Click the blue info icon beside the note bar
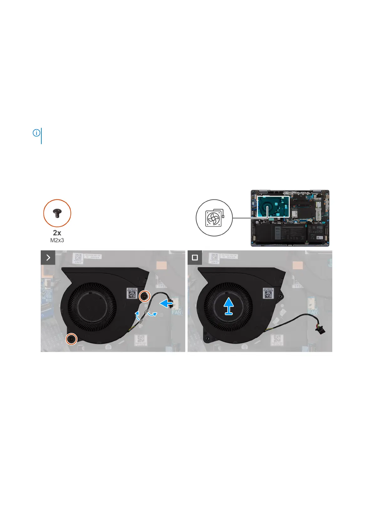[36, 133]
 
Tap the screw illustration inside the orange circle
[57, 213]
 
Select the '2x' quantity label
[57, 233]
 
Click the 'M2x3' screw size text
[57, 240]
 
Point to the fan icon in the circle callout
[213, 218]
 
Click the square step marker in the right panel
[195, 257]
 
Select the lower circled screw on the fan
[72, 339]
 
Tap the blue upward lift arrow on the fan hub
[229, 306]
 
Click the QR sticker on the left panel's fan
[132, 293]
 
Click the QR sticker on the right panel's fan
[268, 293]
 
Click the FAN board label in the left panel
[176, 312]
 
